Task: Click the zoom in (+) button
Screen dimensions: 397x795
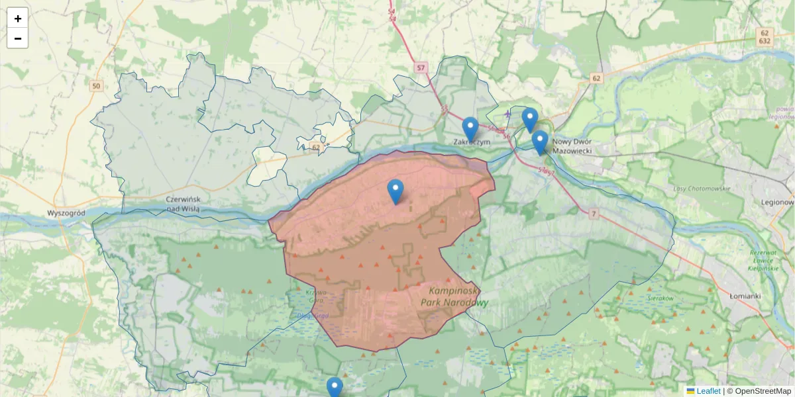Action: pos(17,19)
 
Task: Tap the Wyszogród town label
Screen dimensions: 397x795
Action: pos(66,213)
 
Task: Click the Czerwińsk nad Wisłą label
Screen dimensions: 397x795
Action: pos(188,204)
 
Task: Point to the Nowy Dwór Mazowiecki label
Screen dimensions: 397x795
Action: pos(573,146)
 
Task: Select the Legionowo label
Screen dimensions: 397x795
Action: pos(778,202)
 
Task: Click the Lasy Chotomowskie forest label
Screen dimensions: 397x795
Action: pos(702,189)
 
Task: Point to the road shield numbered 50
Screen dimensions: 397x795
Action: pos(97,86)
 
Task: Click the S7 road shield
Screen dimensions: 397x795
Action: pos(422,67)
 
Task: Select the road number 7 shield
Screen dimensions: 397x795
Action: pos(593,213)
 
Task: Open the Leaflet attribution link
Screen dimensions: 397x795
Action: pos(708,391)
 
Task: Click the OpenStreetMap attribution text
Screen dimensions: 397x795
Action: pos(762,391)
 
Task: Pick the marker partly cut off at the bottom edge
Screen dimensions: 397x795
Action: pos(335,387)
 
